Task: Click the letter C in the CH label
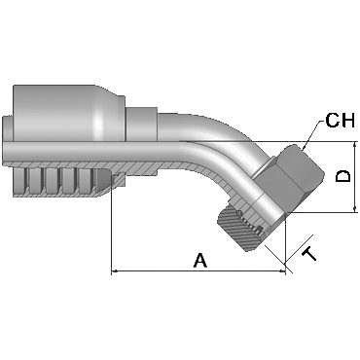(x=332, y=120)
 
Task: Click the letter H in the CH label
(x=347, y=120)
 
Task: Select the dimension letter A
(x=200, y=261)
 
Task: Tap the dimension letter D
(x=342, y=176)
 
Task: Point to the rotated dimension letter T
(x=309, y=253)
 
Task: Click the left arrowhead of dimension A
(x=116, y=270)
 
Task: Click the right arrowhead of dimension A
(x=281, y=270)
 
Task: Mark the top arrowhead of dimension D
(x=355, y=146)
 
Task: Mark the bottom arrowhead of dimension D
(x=355, y=208)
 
